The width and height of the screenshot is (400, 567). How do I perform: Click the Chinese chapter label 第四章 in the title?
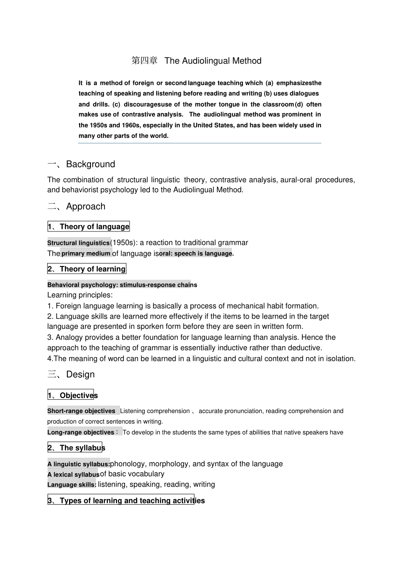point(144,61)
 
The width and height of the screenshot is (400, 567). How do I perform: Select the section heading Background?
point(91,164)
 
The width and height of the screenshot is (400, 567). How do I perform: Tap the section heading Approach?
point(85,207)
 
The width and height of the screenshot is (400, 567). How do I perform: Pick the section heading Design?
point(80,374)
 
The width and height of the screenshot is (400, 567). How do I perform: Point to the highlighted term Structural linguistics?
point(78,243)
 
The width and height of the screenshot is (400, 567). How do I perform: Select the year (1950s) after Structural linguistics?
point(124,242)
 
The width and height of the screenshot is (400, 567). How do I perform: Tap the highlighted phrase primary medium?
point(86,253)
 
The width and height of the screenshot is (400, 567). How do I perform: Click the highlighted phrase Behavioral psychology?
point(83,285)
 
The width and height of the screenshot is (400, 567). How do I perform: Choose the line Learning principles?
point(80,295)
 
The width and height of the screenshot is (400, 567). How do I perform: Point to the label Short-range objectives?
point(81,411)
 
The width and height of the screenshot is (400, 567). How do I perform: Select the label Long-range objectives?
point(80,432)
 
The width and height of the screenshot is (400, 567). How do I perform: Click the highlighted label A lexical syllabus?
point(73,475)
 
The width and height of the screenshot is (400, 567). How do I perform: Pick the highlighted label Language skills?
point(72,485)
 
